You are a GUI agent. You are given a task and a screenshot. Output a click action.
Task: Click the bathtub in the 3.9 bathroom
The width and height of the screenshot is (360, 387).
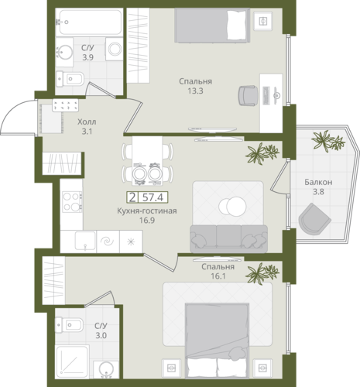(89, 22)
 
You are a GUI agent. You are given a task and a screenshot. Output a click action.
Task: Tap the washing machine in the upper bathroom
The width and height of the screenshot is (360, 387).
(114, 49)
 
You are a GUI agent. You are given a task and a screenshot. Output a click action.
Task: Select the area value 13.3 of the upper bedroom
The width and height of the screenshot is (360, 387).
(196, 91)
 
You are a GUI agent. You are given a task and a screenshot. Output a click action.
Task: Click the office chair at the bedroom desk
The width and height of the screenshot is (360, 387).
(249, 95)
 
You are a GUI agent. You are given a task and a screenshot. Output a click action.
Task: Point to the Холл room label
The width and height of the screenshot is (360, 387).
(87, 122)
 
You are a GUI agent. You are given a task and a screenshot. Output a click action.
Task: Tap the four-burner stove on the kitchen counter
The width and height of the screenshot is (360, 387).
(72, 201)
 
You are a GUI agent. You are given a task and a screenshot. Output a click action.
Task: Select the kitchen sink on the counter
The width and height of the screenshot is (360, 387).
(85, 241)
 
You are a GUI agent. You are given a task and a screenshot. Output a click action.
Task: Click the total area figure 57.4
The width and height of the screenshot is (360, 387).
(153, 197)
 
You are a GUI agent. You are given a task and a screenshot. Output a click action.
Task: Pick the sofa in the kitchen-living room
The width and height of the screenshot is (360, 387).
(228, 238)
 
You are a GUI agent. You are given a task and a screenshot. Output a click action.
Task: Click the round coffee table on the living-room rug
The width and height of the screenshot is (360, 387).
(232, 206)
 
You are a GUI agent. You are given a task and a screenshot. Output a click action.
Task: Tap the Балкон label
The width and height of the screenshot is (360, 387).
(318, 182)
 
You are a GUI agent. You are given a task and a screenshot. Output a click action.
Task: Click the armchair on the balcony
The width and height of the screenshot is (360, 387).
(314, 219)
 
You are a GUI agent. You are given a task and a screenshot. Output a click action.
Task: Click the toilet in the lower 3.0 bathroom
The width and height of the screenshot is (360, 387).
(69, 325)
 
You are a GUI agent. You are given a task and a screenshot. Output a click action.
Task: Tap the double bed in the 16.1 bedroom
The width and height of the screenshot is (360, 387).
(217, 341)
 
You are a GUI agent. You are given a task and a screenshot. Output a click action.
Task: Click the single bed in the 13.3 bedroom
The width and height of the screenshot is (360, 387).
(212, 25)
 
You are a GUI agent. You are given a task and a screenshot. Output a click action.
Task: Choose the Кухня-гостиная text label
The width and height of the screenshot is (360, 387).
(147, 211)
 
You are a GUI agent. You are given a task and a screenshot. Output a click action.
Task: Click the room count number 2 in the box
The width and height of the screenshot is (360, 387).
(132, 197)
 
